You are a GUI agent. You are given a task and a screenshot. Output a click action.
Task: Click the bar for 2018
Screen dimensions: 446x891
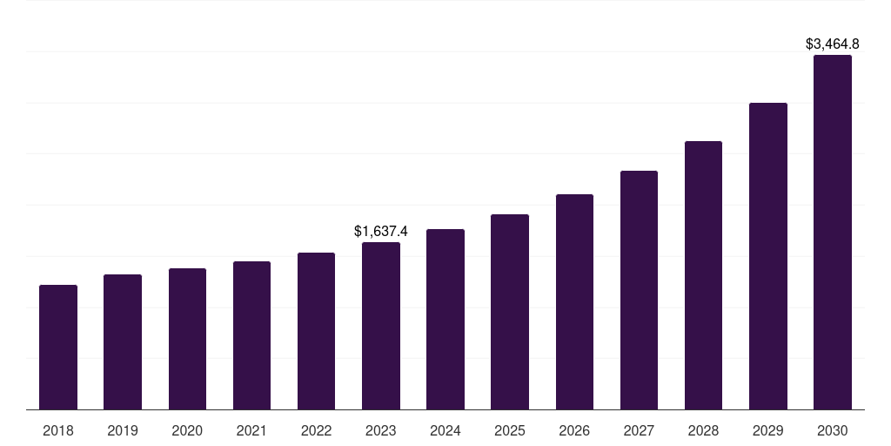(x=58, y=347)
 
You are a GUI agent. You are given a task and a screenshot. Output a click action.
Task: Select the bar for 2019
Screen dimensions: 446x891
(x=123, y=341)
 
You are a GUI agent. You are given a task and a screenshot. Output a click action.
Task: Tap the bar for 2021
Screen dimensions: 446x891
(x=251, y=335)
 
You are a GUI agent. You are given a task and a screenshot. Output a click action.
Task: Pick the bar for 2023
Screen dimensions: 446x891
(x=381, y=326)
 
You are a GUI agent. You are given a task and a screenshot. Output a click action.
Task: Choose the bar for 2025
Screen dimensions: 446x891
(x=510, y=312)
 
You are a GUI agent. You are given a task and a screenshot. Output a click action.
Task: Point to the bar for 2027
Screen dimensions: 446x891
(x=639, y=290)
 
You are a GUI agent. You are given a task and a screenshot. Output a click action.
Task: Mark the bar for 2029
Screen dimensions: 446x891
(x=768, y=256)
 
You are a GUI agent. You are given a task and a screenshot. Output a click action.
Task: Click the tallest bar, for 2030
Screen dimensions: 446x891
(x=833, y=232)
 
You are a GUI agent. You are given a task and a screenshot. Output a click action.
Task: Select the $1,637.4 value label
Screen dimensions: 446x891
(x=381, y=231)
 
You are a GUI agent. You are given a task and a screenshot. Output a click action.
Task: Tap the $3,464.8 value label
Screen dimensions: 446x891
(x=833, y=44)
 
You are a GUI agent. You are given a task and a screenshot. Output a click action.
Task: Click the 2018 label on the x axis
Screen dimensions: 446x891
(x=58, y=430)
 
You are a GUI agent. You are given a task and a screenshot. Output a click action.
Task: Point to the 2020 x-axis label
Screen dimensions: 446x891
(x=187, y=430)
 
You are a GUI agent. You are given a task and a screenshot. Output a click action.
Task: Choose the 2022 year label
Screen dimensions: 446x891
(x=317, y=430)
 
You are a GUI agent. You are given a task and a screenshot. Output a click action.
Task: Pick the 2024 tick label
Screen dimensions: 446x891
(x=445, y=430)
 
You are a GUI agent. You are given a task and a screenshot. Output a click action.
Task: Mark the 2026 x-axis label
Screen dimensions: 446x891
(x=574, y=430)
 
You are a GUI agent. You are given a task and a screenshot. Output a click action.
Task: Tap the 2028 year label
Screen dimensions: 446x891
(x=703, y=430)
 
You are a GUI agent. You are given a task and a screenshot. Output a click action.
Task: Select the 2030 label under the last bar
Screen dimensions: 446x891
(x=833, y=430)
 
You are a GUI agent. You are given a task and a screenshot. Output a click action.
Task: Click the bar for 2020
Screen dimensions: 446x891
(x=187, y=339)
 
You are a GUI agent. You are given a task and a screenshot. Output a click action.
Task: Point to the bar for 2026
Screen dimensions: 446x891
(x=574, y=301)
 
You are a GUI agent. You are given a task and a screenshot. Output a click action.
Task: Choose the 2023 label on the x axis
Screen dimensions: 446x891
(x=381, y=430)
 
